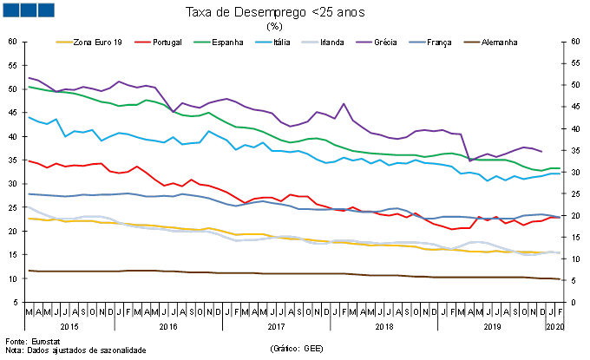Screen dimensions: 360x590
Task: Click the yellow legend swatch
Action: [64, 42]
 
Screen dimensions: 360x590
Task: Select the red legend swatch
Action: [142, 42]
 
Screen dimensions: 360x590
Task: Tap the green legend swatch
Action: [201, 42]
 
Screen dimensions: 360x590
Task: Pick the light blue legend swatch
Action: [263, 42]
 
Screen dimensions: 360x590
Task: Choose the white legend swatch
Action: [310, 42]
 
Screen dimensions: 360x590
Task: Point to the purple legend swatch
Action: [364, 42]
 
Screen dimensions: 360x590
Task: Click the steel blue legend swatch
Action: [417, 42]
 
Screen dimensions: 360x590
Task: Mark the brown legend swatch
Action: [471, 42]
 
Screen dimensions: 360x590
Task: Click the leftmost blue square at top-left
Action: [10, 10]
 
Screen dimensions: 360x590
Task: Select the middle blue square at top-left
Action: [28, 10]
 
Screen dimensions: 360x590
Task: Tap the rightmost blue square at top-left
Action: [45, 10]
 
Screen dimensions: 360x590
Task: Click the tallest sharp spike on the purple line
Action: [344, 103]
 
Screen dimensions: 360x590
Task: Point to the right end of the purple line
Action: [542, 151]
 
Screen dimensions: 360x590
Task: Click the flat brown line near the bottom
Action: [260, 273]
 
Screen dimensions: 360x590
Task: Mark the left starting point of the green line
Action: [29, 87]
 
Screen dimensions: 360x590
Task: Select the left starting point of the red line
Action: [29, 160]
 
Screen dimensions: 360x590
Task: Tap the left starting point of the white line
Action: [29, 207]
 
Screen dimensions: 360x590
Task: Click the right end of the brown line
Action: [560, 278]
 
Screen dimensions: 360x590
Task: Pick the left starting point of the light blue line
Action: [29, 117]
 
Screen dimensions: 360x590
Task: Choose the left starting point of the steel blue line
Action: [29, 193]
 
